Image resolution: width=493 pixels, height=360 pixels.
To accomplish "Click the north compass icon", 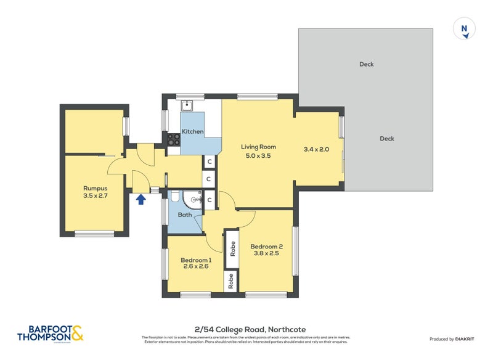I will coord(464,29).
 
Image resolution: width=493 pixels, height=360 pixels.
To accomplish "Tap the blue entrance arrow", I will coord(141,198).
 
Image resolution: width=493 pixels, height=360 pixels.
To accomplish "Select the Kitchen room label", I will coord(192,132).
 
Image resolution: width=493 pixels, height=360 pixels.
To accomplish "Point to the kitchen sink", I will coord(191,104).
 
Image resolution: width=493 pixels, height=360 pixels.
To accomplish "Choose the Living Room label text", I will coord(258,147).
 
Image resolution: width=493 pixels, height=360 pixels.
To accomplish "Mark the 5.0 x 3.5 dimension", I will coord(258,156).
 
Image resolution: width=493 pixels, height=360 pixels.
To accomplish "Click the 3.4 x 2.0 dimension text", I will coord(317,149).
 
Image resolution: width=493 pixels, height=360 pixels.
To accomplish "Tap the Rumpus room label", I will coord(96,188).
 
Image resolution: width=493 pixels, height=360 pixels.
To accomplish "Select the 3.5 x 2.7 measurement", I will coord(96,197).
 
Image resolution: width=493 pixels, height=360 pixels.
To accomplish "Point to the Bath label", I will coord(185,215).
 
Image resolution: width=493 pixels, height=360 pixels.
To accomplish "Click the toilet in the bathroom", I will coord(174,198).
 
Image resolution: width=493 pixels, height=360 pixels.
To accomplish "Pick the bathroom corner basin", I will coord(195,200).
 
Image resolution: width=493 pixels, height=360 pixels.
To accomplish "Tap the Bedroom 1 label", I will coord(196,260).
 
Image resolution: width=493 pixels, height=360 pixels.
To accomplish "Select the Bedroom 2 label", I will coord(266,247).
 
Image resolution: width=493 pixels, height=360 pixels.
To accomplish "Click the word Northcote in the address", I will coord(286,330).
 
